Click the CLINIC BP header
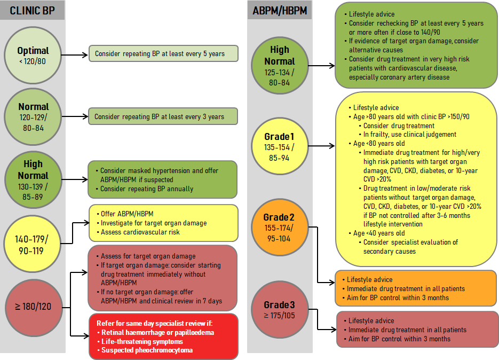tap(33, 11)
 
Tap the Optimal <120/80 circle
tap(33, 56)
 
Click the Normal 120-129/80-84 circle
tap(33, 116)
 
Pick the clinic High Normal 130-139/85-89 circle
tap(33, 179)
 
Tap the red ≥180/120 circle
tap(33, 307)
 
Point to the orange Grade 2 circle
tap(279, 227)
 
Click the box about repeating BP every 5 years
tap(163, 53)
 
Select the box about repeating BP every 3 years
tap(163, 116)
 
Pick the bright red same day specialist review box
tap(163, 336)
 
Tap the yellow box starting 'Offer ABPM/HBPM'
tap(163, 223)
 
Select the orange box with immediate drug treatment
tap(415, 288)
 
